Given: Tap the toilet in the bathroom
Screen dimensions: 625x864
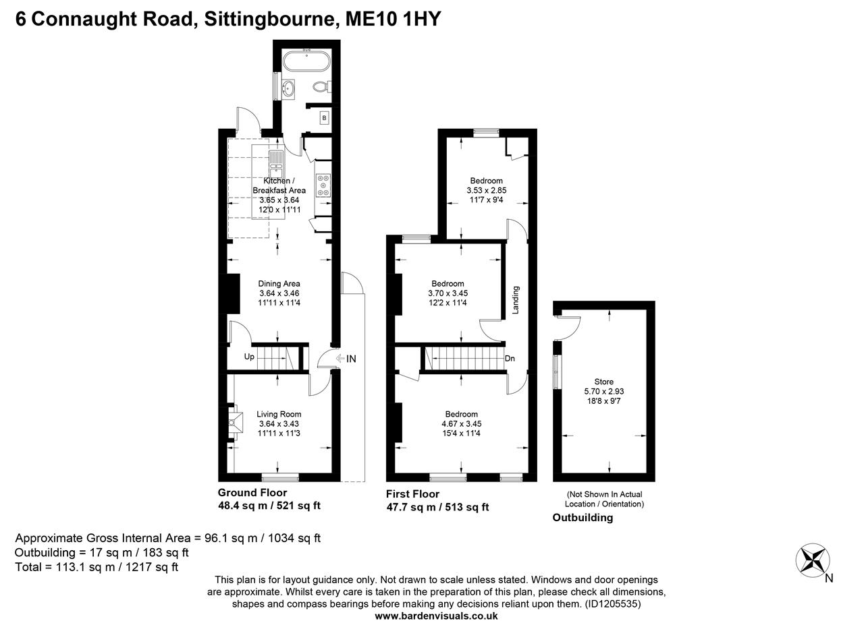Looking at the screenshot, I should pyautogui.click(x=321, y=87).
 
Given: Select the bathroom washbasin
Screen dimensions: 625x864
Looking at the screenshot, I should pyautogui.click(x=290, y=88).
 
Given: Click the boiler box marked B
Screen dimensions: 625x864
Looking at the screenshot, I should pyautogui.click(x=324, y=118).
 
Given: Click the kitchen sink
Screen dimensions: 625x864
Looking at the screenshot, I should pyautogui.click(x=277, y=160).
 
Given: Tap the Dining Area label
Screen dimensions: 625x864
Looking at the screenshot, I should pyautogui.click(x=279, y=284).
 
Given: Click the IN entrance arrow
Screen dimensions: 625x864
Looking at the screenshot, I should pyautogui.click(x=345, y=359).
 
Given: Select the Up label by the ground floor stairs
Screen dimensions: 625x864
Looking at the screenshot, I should pyautogui.click(x=249, y=357).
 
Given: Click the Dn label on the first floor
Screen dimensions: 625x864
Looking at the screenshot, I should pyautogui.click(x=510, y=359).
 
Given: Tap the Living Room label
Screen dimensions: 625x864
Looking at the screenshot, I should pyautogui.click(x=279, y=415).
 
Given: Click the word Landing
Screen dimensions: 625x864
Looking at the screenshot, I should pyautogui.click(x=516, y=300).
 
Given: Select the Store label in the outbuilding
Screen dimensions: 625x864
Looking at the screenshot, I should pyautogui.click(x=603, y=382).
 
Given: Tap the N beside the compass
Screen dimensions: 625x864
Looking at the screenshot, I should pyautogui.click(x=830, y=578).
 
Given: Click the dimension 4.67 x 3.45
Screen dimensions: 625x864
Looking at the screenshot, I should pyautogui.click(x=461, y=423).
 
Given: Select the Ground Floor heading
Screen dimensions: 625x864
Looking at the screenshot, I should pyautogui.click(x=252, y=493).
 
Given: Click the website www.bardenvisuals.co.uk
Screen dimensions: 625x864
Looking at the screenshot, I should pyautogui.click(x=436, y=616).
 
